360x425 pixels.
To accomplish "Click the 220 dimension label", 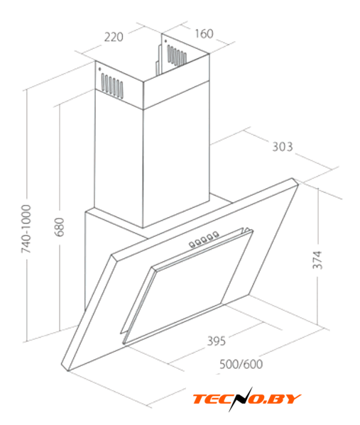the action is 114,37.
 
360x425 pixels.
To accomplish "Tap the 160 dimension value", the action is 204,33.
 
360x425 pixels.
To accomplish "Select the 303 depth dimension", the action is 283,147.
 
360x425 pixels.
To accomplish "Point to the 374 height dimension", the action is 317,260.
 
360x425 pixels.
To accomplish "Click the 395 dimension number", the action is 217,341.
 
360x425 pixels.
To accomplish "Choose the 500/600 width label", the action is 241,364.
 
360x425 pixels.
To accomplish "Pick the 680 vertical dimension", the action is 60,227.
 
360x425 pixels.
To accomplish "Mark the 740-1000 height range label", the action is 26,229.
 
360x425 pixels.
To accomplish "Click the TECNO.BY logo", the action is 247,399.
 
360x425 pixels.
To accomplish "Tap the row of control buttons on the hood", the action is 204,239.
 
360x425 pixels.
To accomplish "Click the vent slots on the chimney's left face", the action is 112,84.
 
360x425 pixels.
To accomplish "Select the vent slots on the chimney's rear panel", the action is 177,55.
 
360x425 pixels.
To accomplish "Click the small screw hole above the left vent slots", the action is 100,69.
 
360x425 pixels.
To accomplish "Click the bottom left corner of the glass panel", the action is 67,371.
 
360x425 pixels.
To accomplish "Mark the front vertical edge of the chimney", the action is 143,155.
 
